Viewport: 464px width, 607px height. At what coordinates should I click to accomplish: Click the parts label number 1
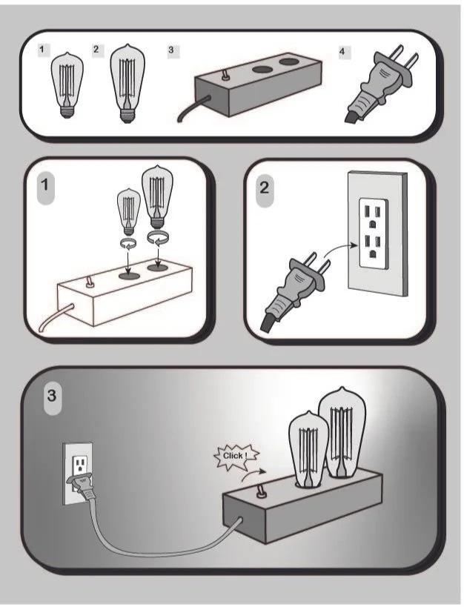[x=44, y=50]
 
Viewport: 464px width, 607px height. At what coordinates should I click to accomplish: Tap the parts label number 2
[x=97, y=50]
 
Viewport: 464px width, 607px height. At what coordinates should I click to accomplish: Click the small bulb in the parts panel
[x=67, y=84]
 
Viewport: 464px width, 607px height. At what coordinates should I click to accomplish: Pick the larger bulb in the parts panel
[x=127, y=84]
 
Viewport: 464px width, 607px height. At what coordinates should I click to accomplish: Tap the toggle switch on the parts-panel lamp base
[x=225, y=74]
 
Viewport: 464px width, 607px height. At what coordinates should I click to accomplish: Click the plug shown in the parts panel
[x=379, y=84]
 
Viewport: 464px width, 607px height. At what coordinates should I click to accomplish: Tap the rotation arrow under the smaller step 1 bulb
[x=127, y=243]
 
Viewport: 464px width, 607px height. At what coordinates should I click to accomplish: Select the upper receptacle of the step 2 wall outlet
[x=372, y=216]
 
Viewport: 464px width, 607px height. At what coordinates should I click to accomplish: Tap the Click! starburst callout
[x=236, y=457]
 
